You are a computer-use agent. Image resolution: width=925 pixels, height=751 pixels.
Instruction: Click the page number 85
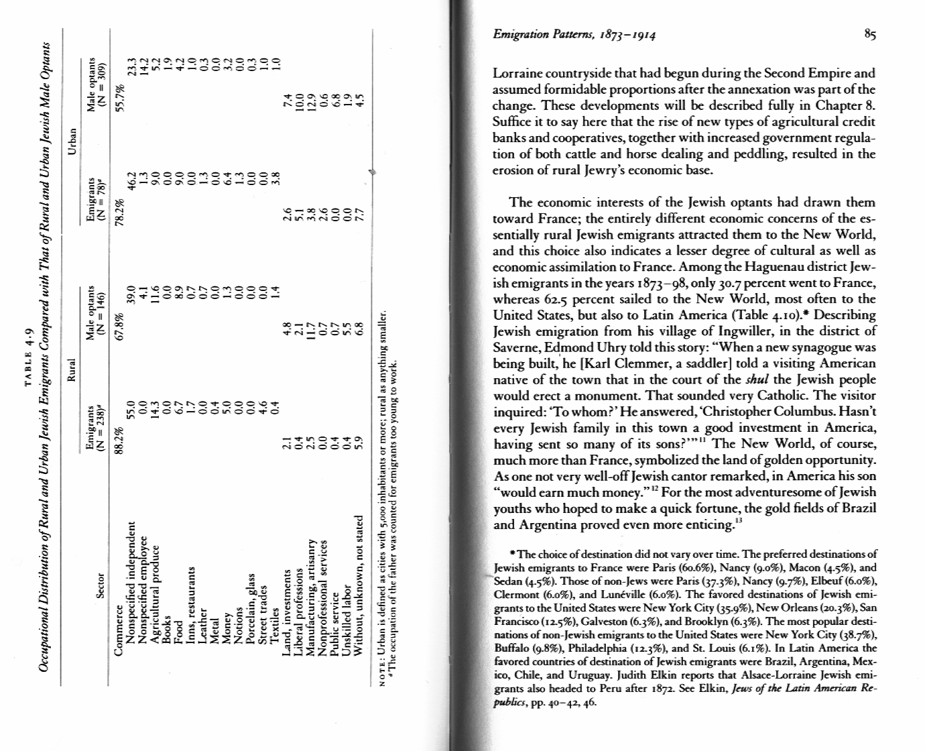click(x=869, y=36)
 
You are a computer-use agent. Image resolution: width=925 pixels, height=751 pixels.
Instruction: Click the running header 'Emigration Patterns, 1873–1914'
click(x=574, y=36)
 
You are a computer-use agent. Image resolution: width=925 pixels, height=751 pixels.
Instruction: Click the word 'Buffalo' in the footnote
click(x=511, y=648)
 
